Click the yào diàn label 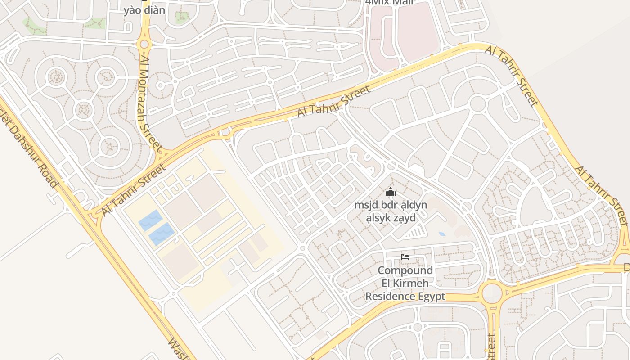point(144,10)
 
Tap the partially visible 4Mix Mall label point(389,2)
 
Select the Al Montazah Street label point(150,103)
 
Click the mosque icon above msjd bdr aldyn point(390,192)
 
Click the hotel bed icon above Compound point(405,257)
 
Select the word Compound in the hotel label point(405,270)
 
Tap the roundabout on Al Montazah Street point(144,44)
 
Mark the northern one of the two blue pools point(150,220)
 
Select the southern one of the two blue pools point(162,234)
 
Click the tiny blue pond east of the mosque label point(442,234)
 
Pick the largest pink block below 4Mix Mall point(418,31)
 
